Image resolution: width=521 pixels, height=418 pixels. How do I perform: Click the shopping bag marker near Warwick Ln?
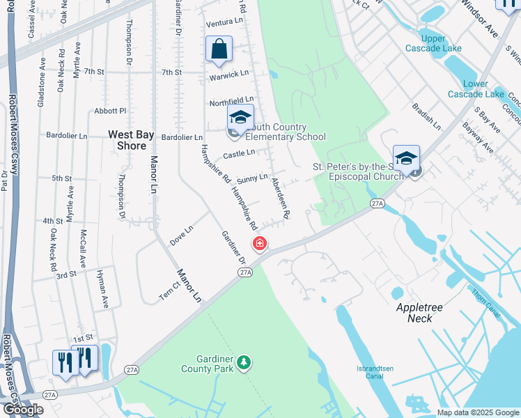219,49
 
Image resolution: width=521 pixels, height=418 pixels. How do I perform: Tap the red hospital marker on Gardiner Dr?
259,243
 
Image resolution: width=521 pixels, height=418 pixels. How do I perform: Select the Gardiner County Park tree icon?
244,362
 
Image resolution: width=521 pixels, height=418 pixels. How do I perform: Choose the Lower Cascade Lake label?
476,88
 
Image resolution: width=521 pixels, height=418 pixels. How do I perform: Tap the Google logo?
22,410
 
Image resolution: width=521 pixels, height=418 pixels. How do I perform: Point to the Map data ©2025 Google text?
478,412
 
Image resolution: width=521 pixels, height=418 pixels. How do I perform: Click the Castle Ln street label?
239,153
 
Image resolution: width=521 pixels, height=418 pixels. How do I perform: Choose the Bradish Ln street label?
426,117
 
